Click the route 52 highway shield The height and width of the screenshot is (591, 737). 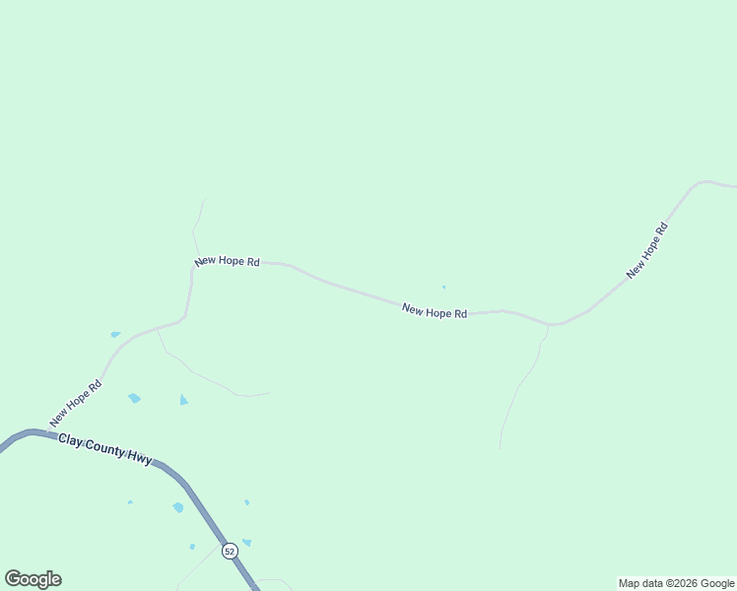click(230, 552)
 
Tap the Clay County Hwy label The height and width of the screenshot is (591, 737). click(105, 448)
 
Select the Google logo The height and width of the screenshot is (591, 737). click(33, 579)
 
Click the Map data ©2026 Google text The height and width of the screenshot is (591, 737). click(676, 583)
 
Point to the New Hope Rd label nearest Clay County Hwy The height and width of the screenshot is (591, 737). click(76, 404)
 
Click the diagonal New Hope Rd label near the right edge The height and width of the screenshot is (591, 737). click(647, 250)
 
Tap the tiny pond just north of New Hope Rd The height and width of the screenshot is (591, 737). click(443, 288)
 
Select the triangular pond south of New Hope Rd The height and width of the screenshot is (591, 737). click(183, 400)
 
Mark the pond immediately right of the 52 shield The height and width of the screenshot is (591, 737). click(246, 542)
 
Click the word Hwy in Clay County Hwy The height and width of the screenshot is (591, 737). click(139, 456)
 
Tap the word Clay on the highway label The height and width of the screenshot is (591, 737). click(69, 438)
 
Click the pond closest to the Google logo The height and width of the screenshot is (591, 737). click(130, 502)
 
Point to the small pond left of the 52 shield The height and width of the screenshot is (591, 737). click(192, 546)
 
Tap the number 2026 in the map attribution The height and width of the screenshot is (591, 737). click(686, 583)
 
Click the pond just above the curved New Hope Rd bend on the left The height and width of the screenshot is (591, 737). click(115, 335)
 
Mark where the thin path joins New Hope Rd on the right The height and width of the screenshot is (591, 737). click(548, 325)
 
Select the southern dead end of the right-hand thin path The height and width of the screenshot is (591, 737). click(500, 448)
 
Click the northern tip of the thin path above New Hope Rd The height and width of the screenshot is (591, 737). click(205, 200)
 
